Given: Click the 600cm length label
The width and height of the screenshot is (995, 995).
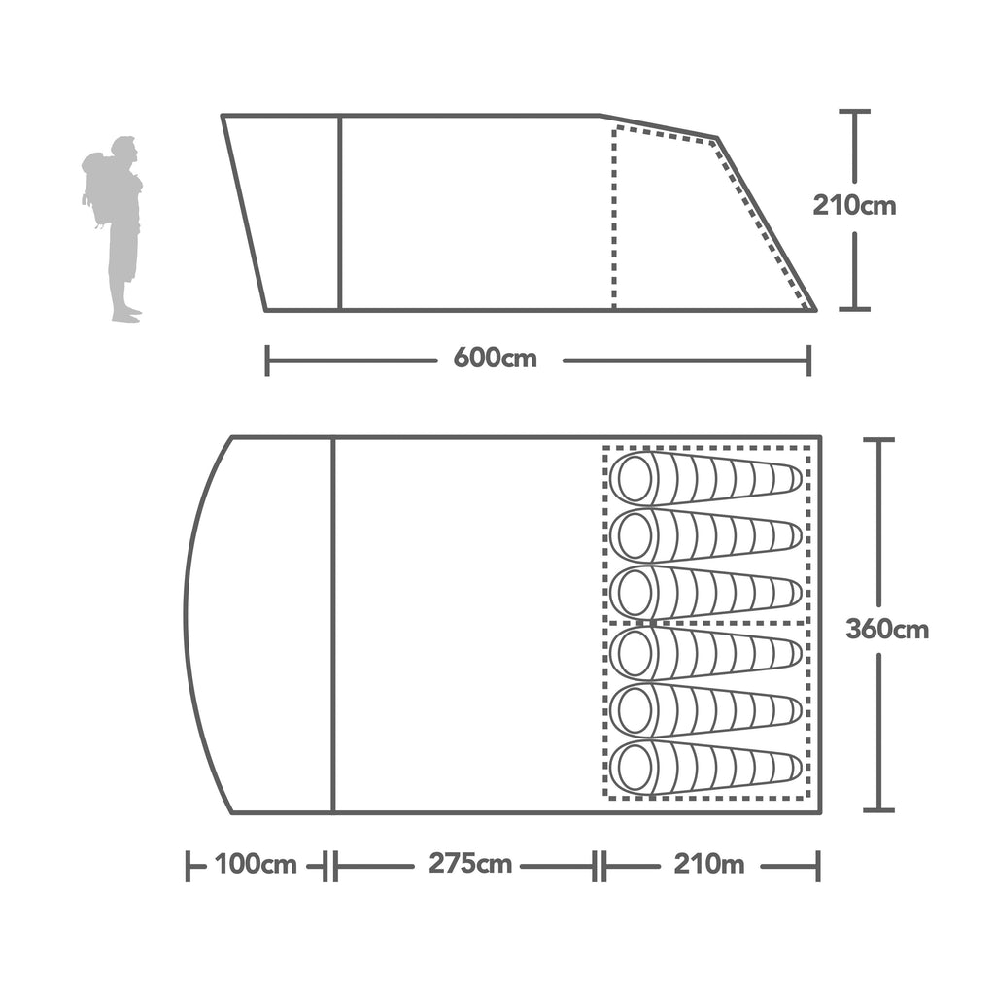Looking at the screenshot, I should point(495,359).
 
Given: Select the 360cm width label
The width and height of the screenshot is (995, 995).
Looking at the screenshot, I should point(886,629).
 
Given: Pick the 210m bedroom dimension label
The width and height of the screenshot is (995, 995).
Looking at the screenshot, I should point(707,864).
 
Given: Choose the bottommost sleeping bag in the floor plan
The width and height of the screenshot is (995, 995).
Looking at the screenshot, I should point(705,769).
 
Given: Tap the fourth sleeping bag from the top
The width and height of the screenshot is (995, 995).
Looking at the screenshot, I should point(705,652).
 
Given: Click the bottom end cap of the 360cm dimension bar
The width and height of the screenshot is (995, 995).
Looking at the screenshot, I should point(878,808).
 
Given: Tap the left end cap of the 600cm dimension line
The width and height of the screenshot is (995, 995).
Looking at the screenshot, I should point(267,360).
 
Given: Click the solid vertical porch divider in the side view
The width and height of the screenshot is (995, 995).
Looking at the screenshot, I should point(340,214).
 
